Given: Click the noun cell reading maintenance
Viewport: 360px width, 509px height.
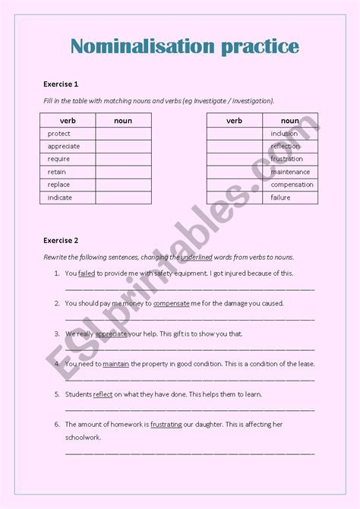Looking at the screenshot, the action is tap(290, 172).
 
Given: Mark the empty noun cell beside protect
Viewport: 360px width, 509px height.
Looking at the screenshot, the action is tap(123, 134).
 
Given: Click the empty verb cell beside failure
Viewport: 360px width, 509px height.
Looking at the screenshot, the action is tap(234, 198).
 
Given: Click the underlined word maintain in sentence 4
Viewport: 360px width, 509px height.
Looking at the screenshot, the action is tap(115, 364).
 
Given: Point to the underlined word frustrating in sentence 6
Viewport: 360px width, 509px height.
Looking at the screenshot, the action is tap(166, 425).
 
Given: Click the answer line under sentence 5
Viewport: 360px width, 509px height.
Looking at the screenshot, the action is tap(189, 409).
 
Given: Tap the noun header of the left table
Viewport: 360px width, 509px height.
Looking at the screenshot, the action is tap(123, 120).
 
